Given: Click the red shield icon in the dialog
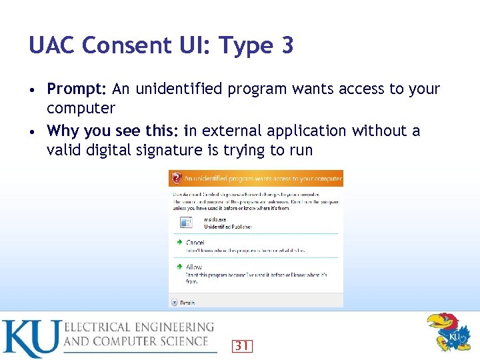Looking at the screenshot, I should click(176, 178).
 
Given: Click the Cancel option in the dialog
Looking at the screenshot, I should click(195, 242).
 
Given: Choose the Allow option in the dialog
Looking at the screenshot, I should click(194, 267).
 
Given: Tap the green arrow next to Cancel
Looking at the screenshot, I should click(179, 242).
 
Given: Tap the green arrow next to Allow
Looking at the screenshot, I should click(179, 267).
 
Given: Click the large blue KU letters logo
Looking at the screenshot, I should click(31, 338).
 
